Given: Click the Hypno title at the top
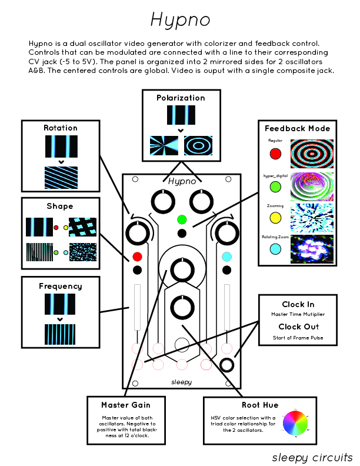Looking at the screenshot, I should click(179, 21).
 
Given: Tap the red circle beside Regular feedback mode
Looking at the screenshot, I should click(275, 154).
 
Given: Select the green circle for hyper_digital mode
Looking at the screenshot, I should click(275, 187).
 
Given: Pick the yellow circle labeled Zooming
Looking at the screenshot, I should click(275, 218).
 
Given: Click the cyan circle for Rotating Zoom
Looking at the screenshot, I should click(275, 249).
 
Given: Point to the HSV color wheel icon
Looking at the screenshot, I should click(295, 424).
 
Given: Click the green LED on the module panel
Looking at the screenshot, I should click(182, 219).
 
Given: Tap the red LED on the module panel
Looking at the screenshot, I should click(137, 257).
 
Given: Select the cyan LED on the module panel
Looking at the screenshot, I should click(226, 257).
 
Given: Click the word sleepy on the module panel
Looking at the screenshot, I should click(181, 381).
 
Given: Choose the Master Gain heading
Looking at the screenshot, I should click(126, 405).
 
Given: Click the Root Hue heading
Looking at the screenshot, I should click(259, 405).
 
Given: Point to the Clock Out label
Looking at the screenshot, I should click(298, 327).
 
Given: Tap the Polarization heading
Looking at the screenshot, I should click(181, 98).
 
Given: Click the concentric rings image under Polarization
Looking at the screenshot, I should click(198, 145).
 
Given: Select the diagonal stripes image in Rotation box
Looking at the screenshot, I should click(61, 177).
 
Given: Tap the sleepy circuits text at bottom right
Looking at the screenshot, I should click(312, 457).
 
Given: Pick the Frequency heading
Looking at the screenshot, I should click(61, 286).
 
